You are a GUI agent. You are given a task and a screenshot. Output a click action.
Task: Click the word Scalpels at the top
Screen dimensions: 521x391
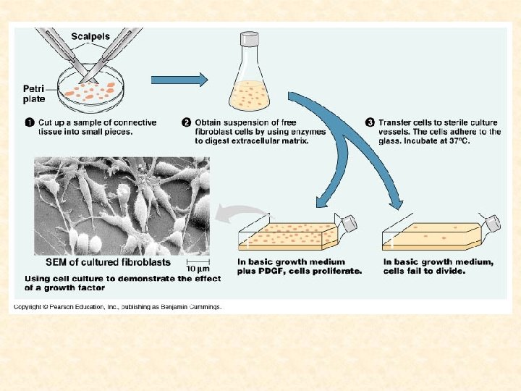pyautogui.click(x=92, y=35)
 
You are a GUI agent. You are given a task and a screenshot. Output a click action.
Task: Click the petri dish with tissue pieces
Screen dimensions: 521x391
pyautogui.click(x=90, y=91)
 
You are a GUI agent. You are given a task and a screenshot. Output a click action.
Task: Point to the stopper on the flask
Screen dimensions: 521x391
pyautogui.click(x=250, y=36)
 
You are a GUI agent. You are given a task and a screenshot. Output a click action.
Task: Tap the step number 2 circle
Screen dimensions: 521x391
pyautogui.click(x=187, y=122)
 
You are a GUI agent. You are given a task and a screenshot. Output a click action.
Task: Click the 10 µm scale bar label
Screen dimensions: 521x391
pyautogui.click(x=198, y=268)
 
